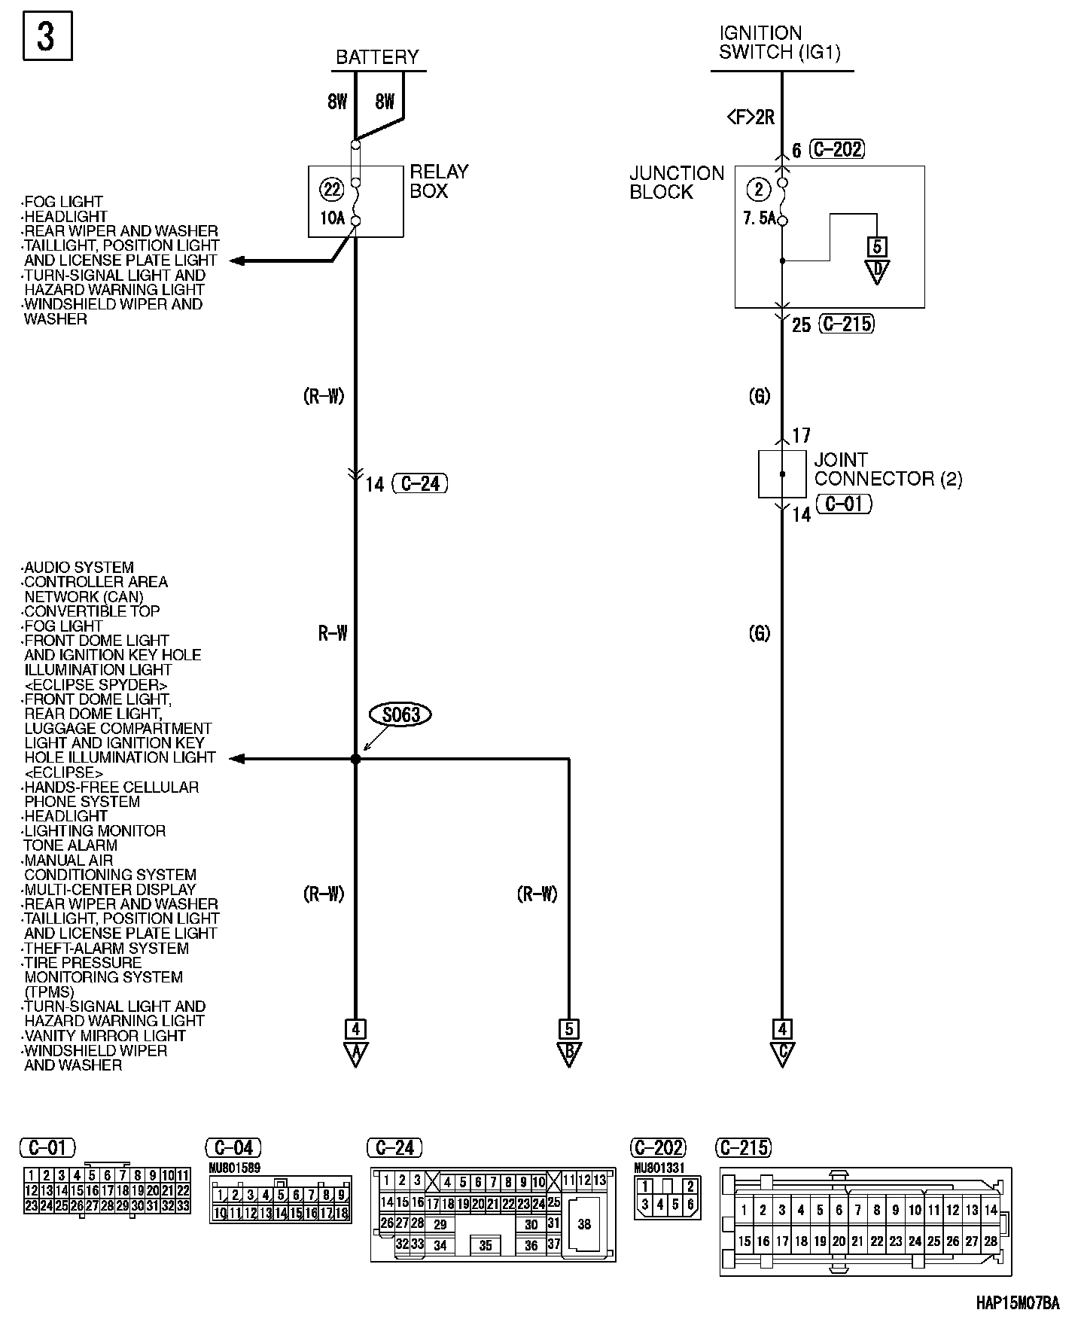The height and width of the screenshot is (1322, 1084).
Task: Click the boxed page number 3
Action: point(46,36)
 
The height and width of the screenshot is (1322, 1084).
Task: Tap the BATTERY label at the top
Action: point(377,57)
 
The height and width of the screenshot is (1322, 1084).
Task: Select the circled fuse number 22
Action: point(332,189)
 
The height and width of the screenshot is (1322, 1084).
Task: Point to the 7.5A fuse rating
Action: point(759,219)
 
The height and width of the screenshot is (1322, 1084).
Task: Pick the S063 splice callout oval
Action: point(400,714)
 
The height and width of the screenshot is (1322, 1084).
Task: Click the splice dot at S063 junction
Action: point(356,760)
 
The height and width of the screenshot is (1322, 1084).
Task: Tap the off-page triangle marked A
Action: point(355,1053)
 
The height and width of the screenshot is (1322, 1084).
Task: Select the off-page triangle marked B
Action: point(569,1053)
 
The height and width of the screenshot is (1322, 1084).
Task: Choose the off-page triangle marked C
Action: point(782,1053)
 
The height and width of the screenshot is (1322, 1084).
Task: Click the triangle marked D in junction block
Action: point(877,271)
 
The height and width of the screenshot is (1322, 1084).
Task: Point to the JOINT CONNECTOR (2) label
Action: point(888,469)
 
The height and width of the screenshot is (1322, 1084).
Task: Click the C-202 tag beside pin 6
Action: point(837,149)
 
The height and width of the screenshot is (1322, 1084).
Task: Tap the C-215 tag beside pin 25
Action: point(847,324)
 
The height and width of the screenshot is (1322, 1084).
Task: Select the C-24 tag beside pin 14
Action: point(420,483)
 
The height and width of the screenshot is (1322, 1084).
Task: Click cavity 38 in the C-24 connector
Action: point(584,1225)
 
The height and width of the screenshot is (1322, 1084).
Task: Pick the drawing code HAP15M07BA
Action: point(1017,1303)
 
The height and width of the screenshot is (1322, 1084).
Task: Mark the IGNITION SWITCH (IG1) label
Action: point(779,43)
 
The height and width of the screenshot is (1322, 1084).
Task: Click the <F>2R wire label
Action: point(751,117)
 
